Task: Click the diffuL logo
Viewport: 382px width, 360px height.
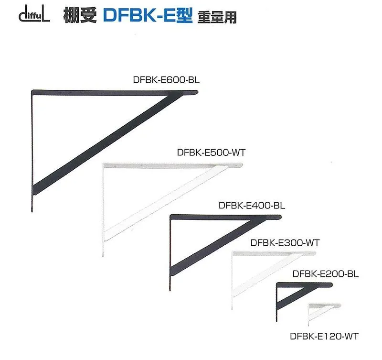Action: [33, 16]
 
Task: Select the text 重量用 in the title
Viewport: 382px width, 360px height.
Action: [216, 17]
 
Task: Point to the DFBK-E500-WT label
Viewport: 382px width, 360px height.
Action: [211, 153]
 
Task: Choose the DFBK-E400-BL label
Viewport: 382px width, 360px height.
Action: [252, 206]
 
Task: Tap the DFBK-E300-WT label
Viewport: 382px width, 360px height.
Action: [285, 242]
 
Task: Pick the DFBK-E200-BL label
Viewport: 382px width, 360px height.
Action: [325, 274]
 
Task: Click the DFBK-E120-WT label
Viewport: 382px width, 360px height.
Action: [324, 336]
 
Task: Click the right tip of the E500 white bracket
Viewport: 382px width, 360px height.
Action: [241, 165]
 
